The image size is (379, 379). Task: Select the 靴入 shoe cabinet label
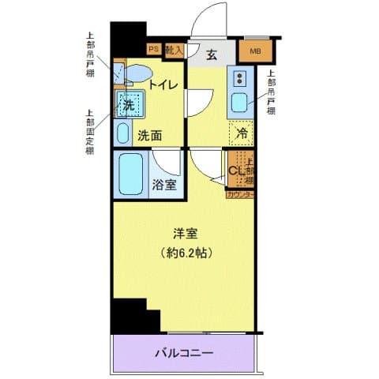[174, 50]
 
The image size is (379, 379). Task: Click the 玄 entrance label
[213, 54]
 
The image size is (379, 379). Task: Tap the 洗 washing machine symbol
[128, 104]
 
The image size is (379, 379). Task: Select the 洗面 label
[150, 135]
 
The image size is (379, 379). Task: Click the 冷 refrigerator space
[242, 133]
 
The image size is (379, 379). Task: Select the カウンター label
[240, 194]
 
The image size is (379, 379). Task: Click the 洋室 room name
[186, 235]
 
